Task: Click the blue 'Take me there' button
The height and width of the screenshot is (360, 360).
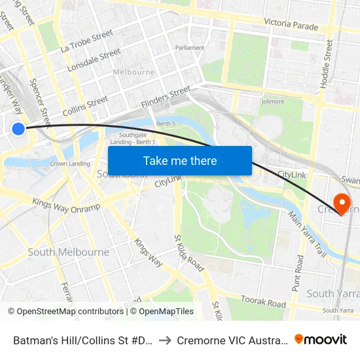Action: point(180,160)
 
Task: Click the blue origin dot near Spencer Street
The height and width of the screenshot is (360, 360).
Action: point(18,129)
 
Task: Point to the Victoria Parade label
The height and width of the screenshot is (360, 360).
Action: point(291,25)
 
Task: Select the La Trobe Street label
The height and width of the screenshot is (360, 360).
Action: point(82,41)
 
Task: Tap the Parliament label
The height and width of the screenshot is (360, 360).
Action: point(189,48)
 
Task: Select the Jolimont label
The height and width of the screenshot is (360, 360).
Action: point(272,101)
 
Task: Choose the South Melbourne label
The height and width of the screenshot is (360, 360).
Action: point(68,252)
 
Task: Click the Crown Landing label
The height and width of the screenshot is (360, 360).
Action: point(70,164)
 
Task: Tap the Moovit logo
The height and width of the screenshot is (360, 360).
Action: point(321,339)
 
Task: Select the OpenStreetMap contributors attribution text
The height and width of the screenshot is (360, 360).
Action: point(65,312)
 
